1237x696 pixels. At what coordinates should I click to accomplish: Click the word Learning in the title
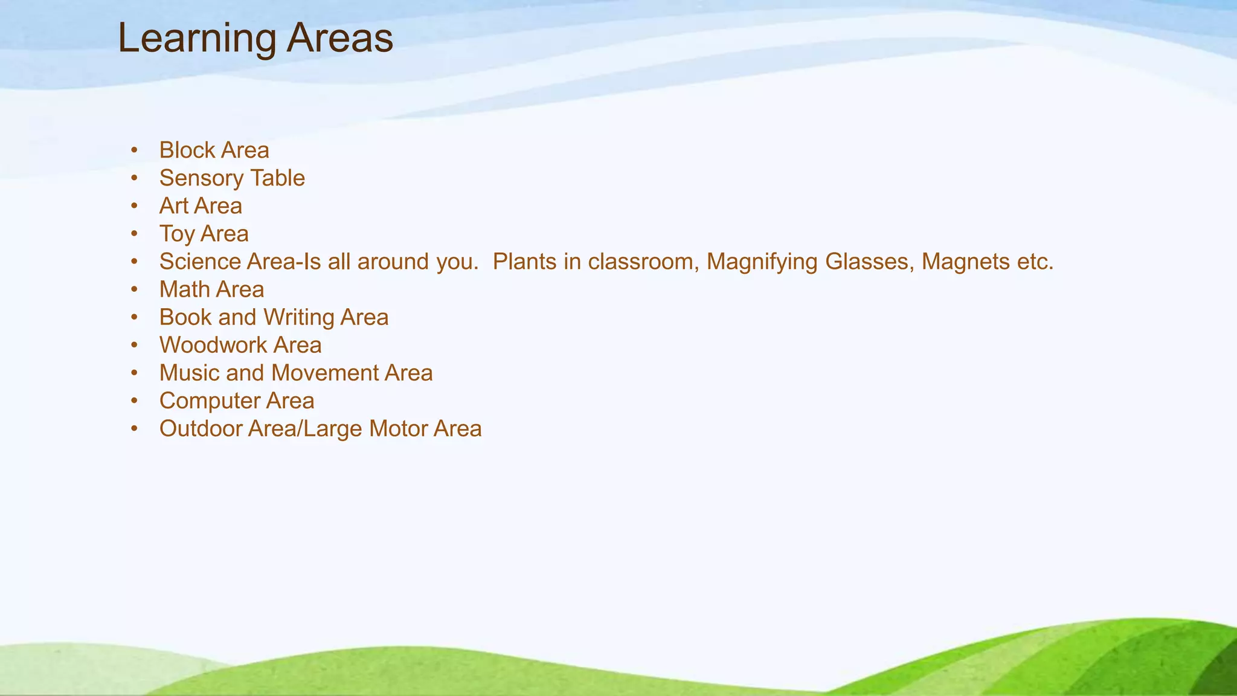[x=197, y=39]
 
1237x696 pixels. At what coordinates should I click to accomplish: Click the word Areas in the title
[x=339, y=39]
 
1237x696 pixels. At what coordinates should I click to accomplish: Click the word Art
[x=173, y=206]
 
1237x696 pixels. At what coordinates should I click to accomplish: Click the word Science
[x=200, y=262]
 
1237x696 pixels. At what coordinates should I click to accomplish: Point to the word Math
[x=184, y=289]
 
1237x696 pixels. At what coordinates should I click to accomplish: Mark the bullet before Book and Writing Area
[x=134, y=317]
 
